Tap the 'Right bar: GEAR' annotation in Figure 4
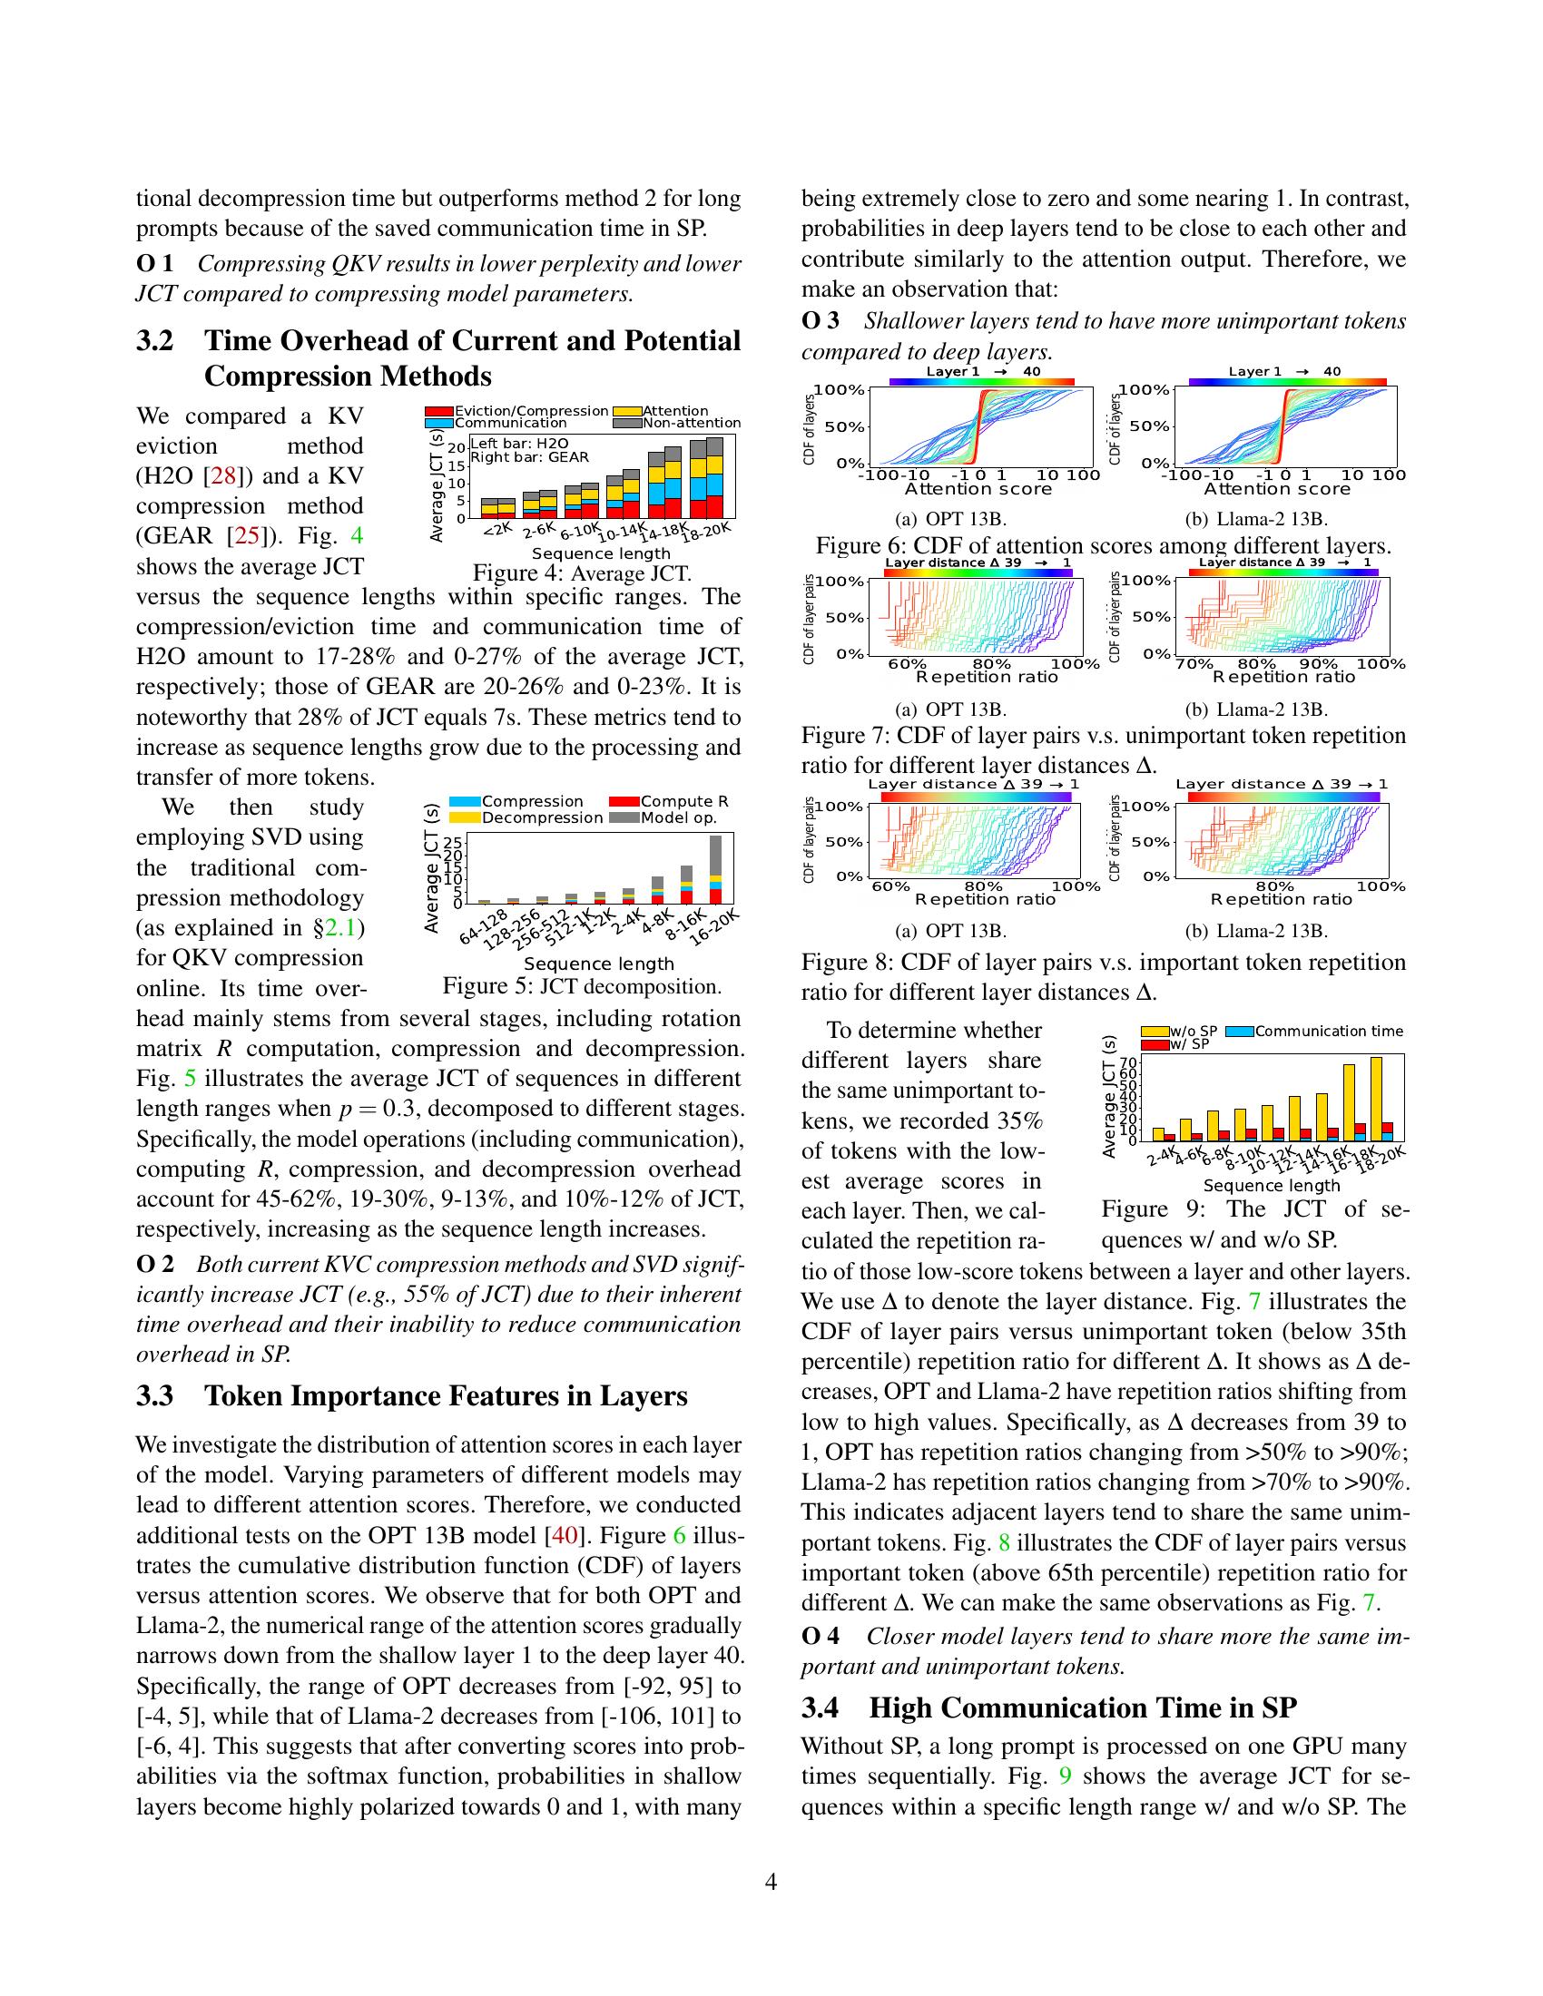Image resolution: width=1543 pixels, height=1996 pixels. (529, 457)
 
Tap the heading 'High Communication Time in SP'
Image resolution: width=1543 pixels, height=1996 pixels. (1083, 1708)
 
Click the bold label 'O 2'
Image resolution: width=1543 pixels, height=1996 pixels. (154, 1265)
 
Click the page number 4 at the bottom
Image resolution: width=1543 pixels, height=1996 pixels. (771, 1882)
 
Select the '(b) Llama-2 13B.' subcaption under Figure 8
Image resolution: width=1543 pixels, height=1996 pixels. (1267, 931)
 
